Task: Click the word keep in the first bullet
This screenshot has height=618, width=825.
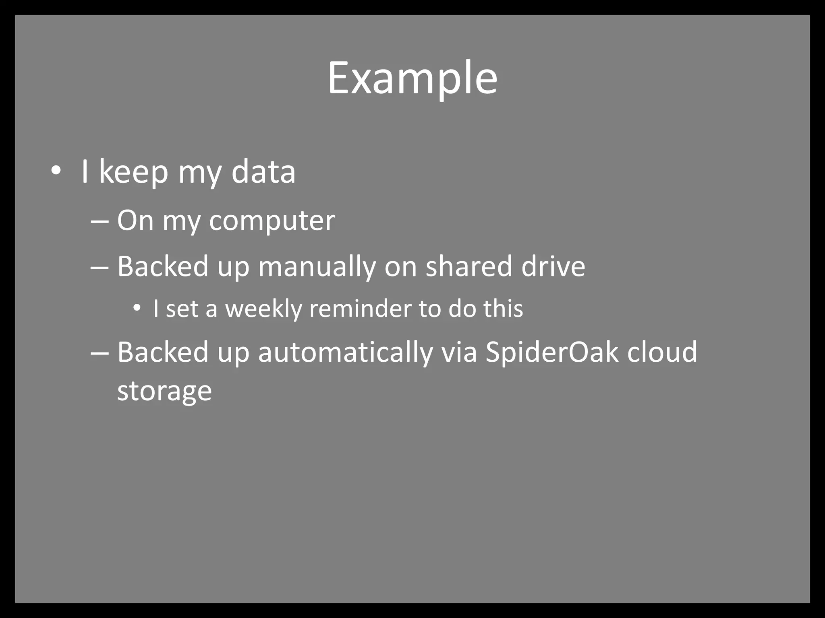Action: click(133, 172)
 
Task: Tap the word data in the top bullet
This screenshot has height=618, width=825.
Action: click(263, 172)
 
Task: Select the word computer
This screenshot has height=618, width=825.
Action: click(272, 221)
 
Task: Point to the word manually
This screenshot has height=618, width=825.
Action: click(317, 267)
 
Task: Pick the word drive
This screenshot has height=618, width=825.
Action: click(553, 267)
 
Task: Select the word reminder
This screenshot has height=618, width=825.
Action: click(360, 309)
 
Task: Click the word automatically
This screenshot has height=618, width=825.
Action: click(345, 352)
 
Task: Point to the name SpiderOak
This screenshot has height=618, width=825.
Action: click(551, 352)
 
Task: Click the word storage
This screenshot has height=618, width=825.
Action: click(164, 391)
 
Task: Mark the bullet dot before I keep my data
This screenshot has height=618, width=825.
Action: click(56, 171)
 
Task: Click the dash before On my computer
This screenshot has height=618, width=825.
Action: click(99, 222)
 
